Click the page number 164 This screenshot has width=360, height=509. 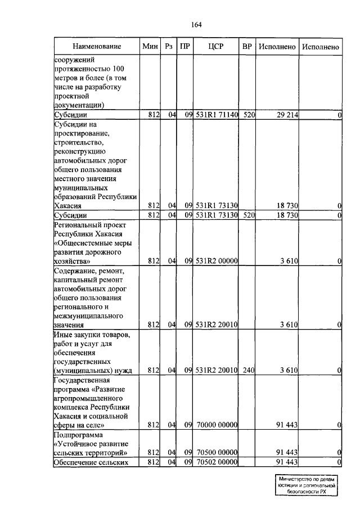click(x=196, y=25)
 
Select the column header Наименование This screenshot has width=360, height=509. click(x=96, y=47)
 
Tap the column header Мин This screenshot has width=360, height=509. click(x=150, y=47)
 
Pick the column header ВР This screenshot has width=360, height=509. click(x=246, y=47)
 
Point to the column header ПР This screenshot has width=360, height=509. click(x=184, y=47)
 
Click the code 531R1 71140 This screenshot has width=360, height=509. click(x=217, y=115)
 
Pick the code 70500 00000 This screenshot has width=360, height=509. click(x=217, y=452)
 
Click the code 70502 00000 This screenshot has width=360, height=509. click(x=217, y=462)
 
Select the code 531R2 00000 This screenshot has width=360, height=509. click(x=217, y=261)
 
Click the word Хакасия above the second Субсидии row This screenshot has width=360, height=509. click(x=70, y=206)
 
